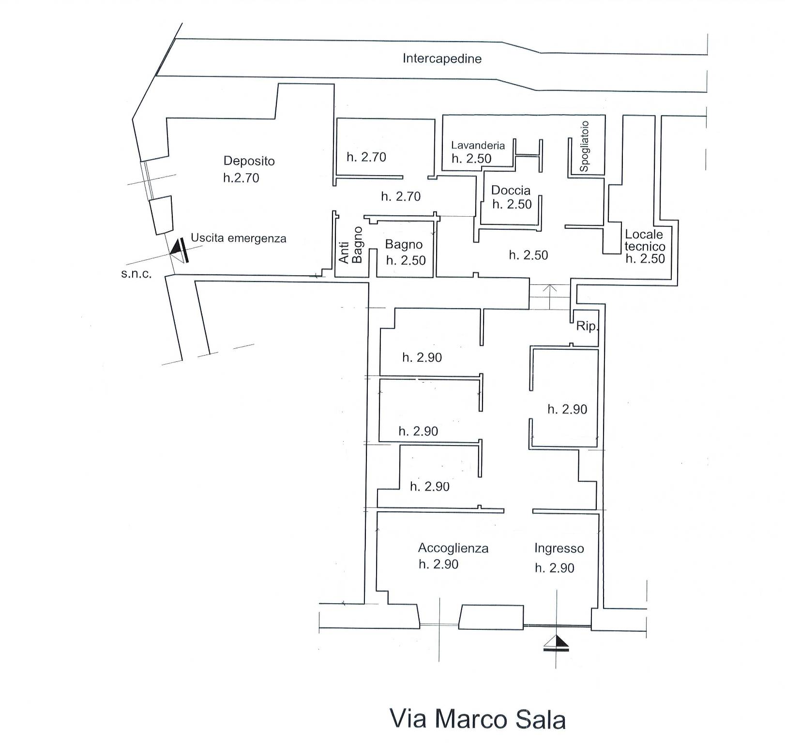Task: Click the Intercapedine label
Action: coord(442,59)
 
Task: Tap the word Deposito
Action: coord(249,161)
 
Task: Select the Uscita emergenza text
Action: coord(238,238)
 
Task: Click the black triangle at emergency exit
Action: coord(176,248)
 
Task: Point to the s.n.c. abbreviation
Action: coord(136,274)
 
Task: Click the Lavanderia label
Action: coord(478,145)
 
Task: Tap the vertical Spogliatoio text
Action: coord(584,146)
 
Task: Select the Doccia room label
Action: coord(511,190)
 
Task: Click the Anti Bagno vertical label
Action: coord(350,245)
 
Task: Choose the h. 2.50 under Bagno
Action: coord(406,261)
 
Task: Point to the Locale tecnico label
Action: coord(644,240)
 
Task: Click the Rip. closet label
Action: coord(587,327)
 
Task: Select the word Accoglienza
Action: coord(453,548)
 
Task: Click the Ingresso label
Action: coord(559,549)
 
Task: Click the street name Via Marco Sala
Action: coord(477,719)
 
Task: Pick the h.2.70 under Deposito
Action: coord(241,178)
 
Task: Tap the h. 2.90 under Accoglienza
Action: coord(438,565)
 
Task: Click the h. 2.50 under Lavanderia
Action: coord(471,159)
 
